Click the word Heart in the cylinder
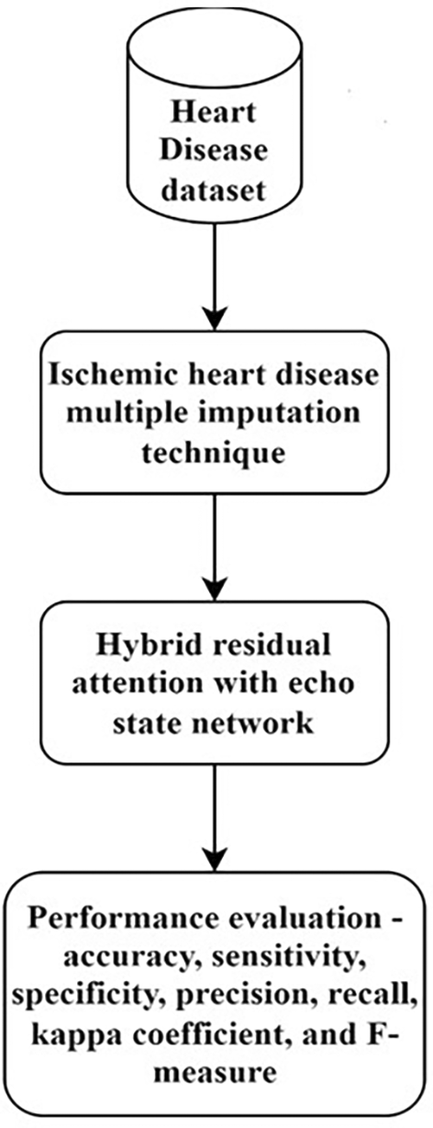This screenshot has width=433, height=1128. pos(214,112)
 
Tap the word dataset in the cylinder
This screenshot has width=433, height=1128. pos(215,190)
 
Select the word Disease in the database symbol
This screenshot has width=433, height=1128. pos(214,151)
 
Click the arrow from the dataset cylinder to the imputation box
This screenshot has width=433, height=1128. pos(215,277)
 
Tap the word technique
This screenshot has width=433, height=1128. pos(214,453)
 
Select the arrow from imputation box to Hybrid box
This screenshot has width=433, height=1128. pos(215,547)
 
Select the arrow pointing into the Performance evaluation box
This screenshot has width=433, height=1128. pos(215,818)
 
